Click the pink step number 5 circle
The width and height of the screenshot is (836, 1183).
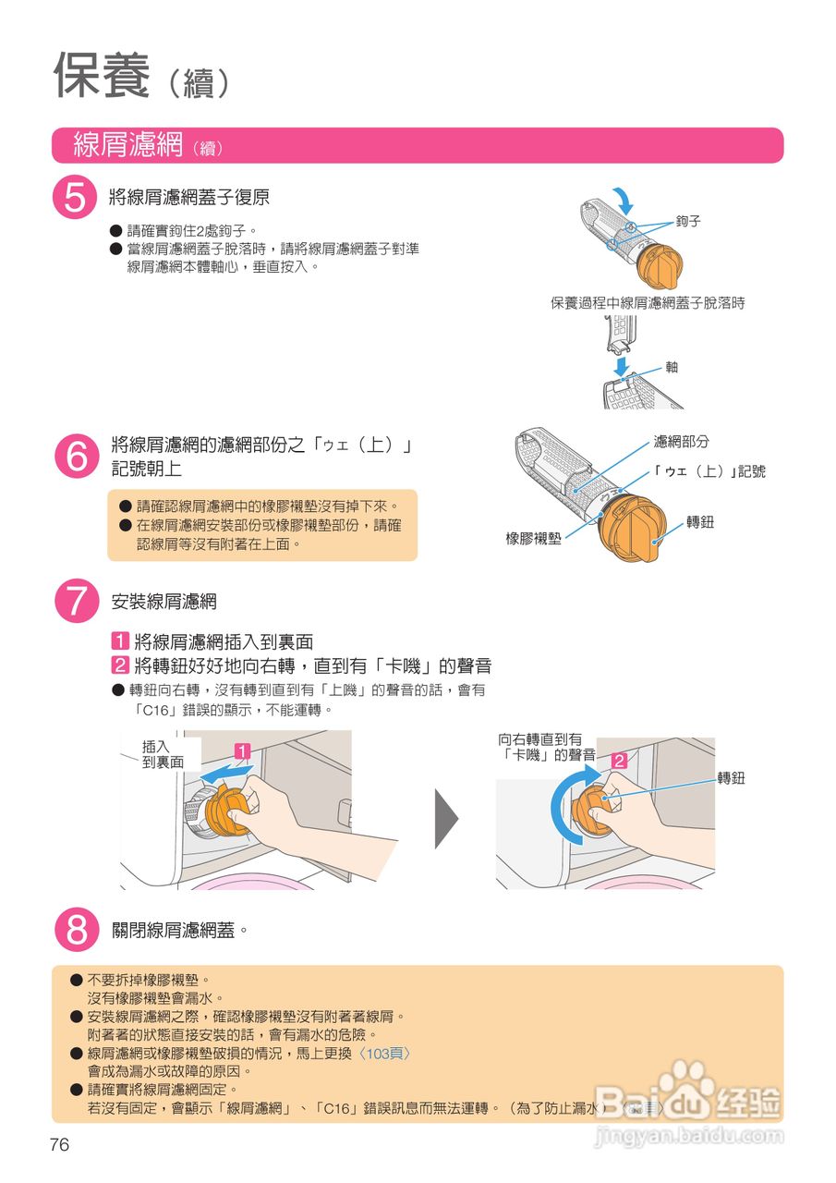pyautogui.click(x=75, y=199)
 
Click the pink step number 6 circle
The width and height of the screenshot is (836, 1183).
pyautogui.click(x=75, y=456)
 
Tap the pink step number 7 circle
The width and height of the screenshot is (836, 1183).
pyautogui.click(x=75, y=602)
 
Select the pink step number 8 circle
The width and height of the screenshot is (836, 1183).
pyautogui.click(x=75, y=930)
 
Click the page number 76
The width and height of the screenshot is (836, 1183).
pyautogui.click(x=60, y=1145)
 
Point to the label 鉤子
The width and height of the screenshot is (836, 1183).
pyautogui.click(x=688, y=222)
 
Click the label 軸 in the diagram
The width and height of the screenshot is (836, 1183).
pyautogui.click(x=672, y=367)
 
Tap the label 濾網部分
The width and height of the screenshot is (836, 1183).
pyautogui.click(x=681, y=443)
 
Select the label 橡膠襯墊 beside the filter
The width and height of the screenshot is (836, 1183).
pyautogui.click(x=533, y=538)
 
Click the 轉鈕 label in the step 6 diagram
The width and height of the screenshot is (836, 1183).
pyautogui.click(x=700, y=522)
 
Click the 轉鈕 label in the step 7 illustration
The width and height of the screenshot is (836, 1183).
pyautogui.click(x=732, y=778)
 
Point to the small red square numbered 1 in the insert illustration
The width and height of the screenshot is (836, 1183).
pyautogui.click(x=242, y=751)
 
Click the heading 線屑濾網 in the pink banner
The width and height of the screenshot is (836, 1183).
pyautogui.click(x=128, y=146)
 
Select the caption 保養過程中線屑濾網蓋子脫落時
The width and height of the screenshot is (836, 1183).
pyautogui.click(x=648, y=303)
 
